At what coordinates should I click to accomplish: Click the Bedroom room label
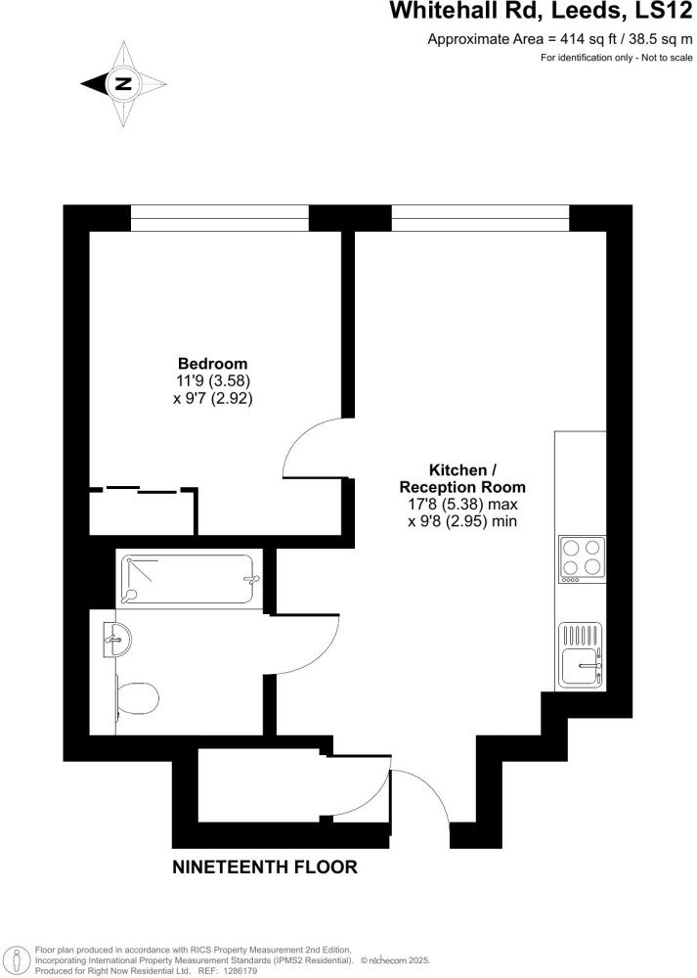212,363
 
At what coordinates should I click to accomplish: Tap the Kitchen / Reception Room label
462,478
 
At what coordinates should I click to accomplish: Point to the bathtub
189,578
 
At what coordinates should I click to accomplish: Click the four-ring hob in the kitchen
582,558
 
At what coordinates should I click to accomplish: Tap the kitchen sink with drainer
582,655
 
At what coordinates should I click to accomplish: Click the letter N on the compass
124,83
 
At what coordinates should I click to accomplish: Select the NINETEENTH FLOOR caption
264,867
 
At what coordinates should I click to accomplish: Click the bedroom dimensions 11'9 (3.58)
213,379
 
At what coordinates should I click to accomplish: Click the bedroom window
219,218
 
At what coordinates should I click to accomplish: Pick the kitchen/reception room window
480,218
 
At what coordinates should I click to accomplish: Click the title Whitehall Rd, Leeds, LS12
541,11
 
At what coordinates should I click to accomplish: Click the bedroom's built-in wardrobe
143,511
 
